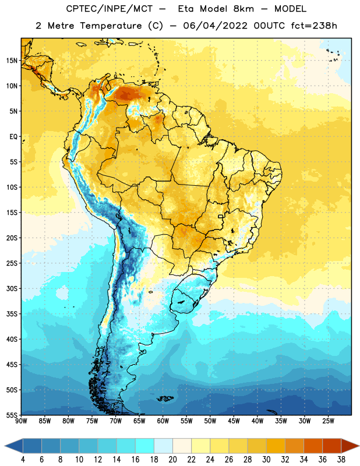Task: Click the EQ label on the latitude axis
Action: (x=13, y=137)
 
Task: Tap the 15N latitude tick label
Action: (x=12, y=61)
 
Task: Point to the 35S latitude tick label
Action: (x=12, y=314)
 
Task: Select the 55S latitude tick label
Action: (x=12, y=415)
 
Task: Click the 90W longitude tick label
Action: (x=21, y=421)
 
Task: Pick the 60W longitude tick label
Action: (x=163, y=421)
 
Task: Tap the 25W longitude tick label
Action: (x=328, y=421)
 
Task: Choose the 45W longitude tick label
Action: (x=234, y=421)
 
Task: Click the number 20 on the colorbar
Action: (x=172, y=460)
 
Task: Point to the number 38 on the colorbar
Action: (x=341, y=460)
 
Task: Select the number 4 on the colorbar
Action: (x=23, y=460)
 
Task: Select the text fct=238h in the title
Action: (x=314, y=26)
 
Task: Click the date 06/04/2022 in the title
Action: (x=215, y=26)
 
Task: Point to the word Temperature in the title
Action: (x=111, y=26)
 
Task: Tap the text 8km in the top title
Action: (x=243, y=9)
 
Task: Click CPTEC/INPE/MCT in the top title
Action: (x=110, y=9)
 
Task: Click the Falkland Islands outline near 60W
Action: (x=165, y=398)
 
